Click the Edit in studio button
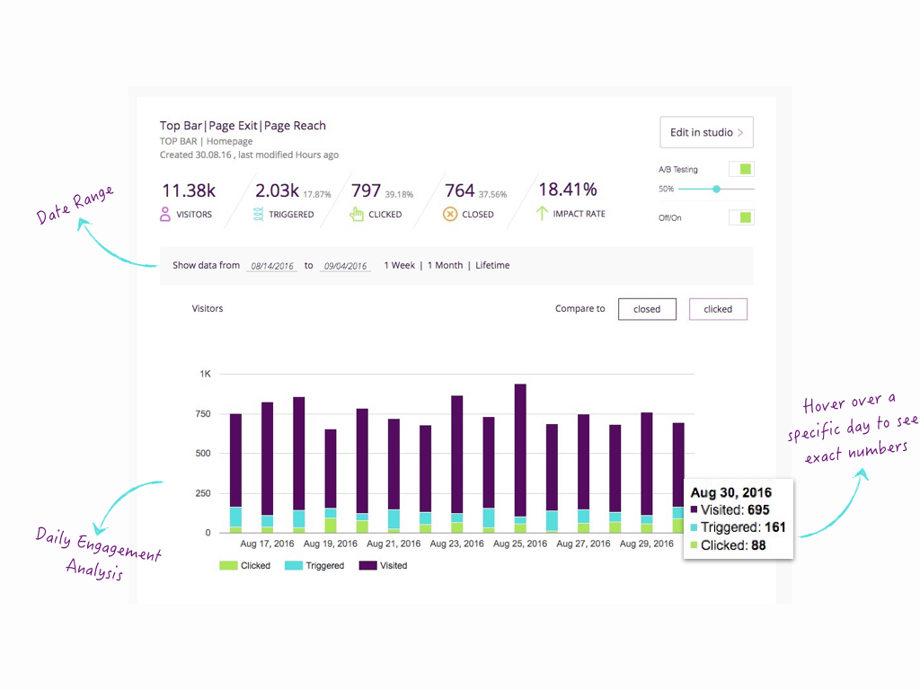pyautogui.click(x=706, y=132)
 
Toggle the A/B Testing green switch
pyautogui.click(x=741, y=169)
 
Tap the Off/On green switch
pyautogui.click(x=741, y=217)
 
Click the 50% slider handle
pyautogui.click(x=716, y=189)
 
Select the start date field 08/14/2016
pyautogui.click(x=273, y=266)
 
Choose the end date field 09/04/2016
pyautogui.click(x=346, y=266)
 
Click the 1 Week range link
pyautogui.click(x=400, y=265)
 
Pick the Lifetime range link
pyautogui.click(x=492, y=265)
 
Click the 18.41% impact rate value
pyautogui.click(x=568, y=190)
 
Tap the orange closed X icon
pyautogui.click(x=451, y=215)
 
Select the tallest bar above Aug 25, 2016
pyautogui.click(x=520, y=449)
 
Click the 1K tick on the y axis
pyautogui.click(x=205, y=374)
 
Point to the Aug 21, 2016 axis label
pyautogui.click(x=393, y=544)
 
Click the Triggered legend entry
pyautogui.click(x=314, y=566)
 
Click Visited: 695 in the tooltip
pyautogui.click(x=734, y=510)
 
